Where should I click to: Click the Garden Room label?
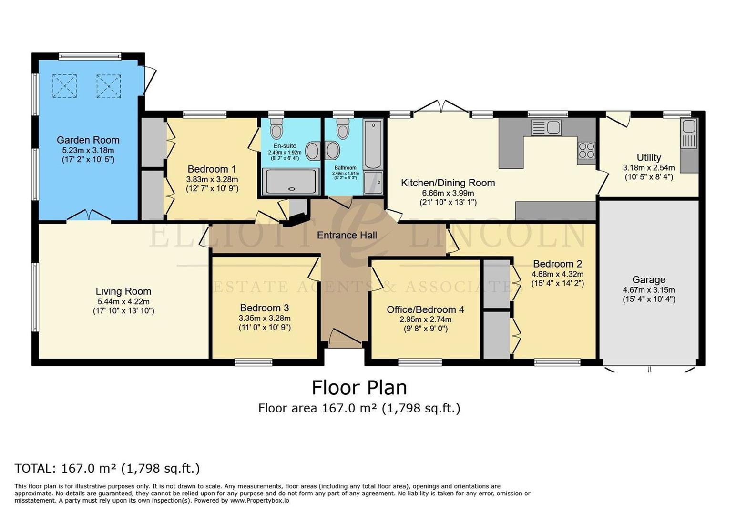pyautogui.click(x=88, y=140)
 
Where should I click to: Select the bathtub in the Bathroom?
pyautogui.click(x=373, y=144)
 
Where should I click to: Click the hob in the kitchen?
pyautogui.click(x=586, y=151)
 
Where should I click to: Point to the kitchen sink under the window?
pyautogui.click(x=546, y=127)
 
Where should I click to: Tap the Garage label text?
pyautogui.click(x=648, y=280)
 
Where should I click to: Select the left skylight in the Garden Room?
pyautogui.click(x=64, y=86)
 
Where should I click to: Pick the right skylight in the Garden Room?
pyautogui.click(x=109, y=86)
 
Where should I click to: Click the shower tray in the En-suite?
pyautogui.click(x=291, y=182)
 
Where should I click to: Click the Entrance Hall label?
pyautogui.click(x=347, y=235)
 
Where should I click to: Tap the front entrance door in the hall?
pyautogui.click(x=345, y=337)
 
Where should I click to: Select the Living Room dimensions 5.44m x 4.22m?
pyautogui.click(x=123, y=301)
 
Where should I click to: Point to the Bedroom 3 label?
pyautogui.click(x=264, y=308)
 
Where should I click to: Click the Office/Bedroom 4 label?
pyautogui.click(x=425, y=309)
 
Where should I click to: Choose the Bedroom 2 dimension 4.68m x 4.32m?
pyautogui.click(x=557, y=274)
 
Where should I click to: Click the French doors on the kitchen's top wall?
pyautogui.click(x=441, y=107)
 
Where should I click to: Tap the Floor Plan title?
pyautogui.click(x=359, y=387)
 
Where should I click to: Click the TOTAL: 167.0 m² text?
pyautogui.click(x=107, y=468)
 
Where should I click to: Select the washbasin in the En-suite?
pyautogui.click(x=313, y=151)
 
